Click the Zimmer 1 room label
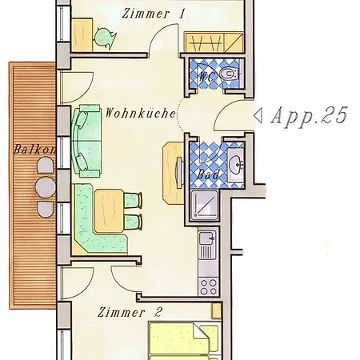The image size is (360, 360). [154, 14]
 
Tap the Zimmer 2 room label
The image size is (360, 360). [130, 312]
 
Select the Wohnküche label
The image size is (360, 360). [141, 113]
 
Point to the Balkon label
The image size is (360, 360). [34, 150]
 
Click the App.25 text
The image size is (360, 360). [310, 116]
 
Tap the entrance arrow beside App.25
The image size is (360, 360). [258, 116]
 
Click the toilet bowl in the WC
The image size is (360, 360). [229, 74]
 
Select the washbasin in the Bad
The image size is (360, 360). [236, 163]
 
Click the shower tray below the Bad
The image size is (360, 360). [205, 205]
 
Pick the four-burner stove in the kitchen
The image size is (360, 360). [209, 286]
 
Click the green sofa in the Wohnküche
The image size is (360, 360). [86, 141]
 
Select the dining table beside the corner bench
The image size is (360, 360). [109, 210]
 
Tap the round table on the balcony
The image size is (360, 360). [46, 187]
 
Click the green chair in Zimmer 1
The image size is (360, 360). [105, 38]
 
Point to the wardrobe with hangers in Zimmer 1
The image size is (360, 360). [214, 42]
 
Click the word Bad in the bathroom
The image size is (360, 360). [208, 174]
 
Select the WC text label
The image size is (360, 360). [206, 77]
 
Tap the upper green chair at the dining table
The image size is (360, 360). [133, 200]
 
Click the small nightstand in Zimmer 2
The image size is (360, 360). [216, 311]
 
